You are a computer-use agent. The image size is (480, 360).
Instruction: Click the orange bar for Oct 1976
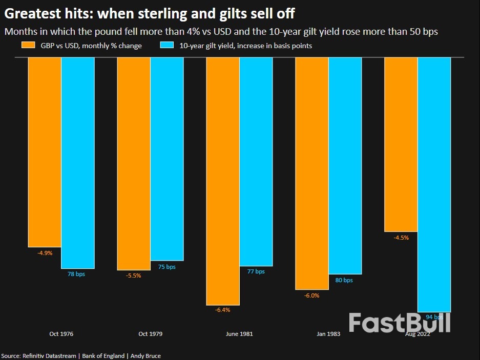tap(45, 152)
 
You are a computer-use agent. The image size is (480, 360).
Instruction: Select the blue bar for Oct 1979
tap(166, 159)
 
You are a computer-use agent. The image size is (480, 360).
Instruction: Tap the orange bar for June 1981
tap(223, 181)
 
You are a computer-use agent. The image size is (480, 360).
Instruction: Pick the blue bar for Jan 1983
tap(345, 165)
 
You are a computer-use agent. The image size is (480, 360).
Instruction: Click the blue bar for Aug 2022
tap(434, 184)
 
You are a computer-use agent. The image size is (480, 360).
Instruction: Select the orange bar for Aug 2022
tap(401, 144)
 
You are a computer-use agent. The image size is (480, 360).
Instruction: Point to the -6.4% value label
tap(223, 310)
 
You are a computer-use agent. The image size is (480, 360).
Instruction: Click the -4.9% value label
tap(45, 252)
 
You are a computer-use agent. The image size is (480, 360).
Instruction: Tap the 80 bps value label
tap(345, 280)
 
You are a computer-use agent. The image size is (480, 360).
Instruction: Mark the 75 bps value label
tap(166, 267)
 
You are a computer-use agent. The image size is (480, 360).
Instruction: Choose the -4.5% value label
tap(401, 238)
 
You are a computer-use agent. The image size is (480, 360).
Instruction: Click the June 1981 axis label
tap(239, 334)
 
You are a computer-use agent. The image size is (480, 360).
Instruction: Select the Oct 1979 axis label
tap(150, 334)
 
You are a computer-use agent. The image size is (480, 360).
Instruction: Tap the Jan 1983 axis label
tap(328, 334)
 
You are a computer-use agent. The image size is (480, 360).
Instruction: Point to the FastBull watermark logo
tap(400, 323)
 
